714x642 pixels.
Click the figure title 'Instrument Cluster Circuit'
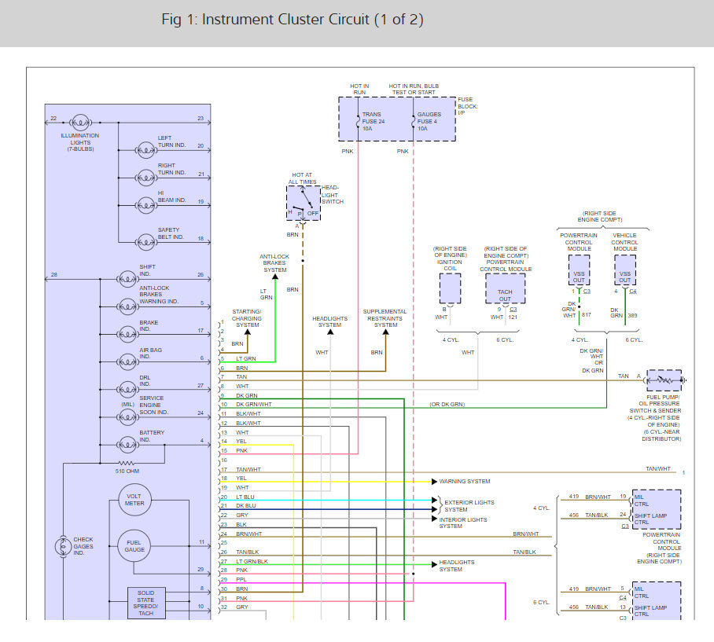[x=292, y=20]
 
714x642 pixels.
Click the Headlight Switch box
[x=302, y=203]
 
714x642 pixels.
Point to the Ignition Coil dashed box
[x=450, y=288]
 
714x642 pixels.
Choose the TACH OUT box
[x=505, y=288]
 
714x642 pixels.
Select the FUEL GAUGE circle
[x=134, y=545]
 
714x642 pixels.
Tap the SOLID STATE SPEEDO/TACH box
[x=146, y=602]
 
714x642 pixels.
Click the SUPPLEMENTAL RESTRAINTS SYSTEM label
[x=385, y=318]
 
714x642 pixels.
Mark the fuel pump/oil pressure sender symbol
[x=664, y=380]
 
